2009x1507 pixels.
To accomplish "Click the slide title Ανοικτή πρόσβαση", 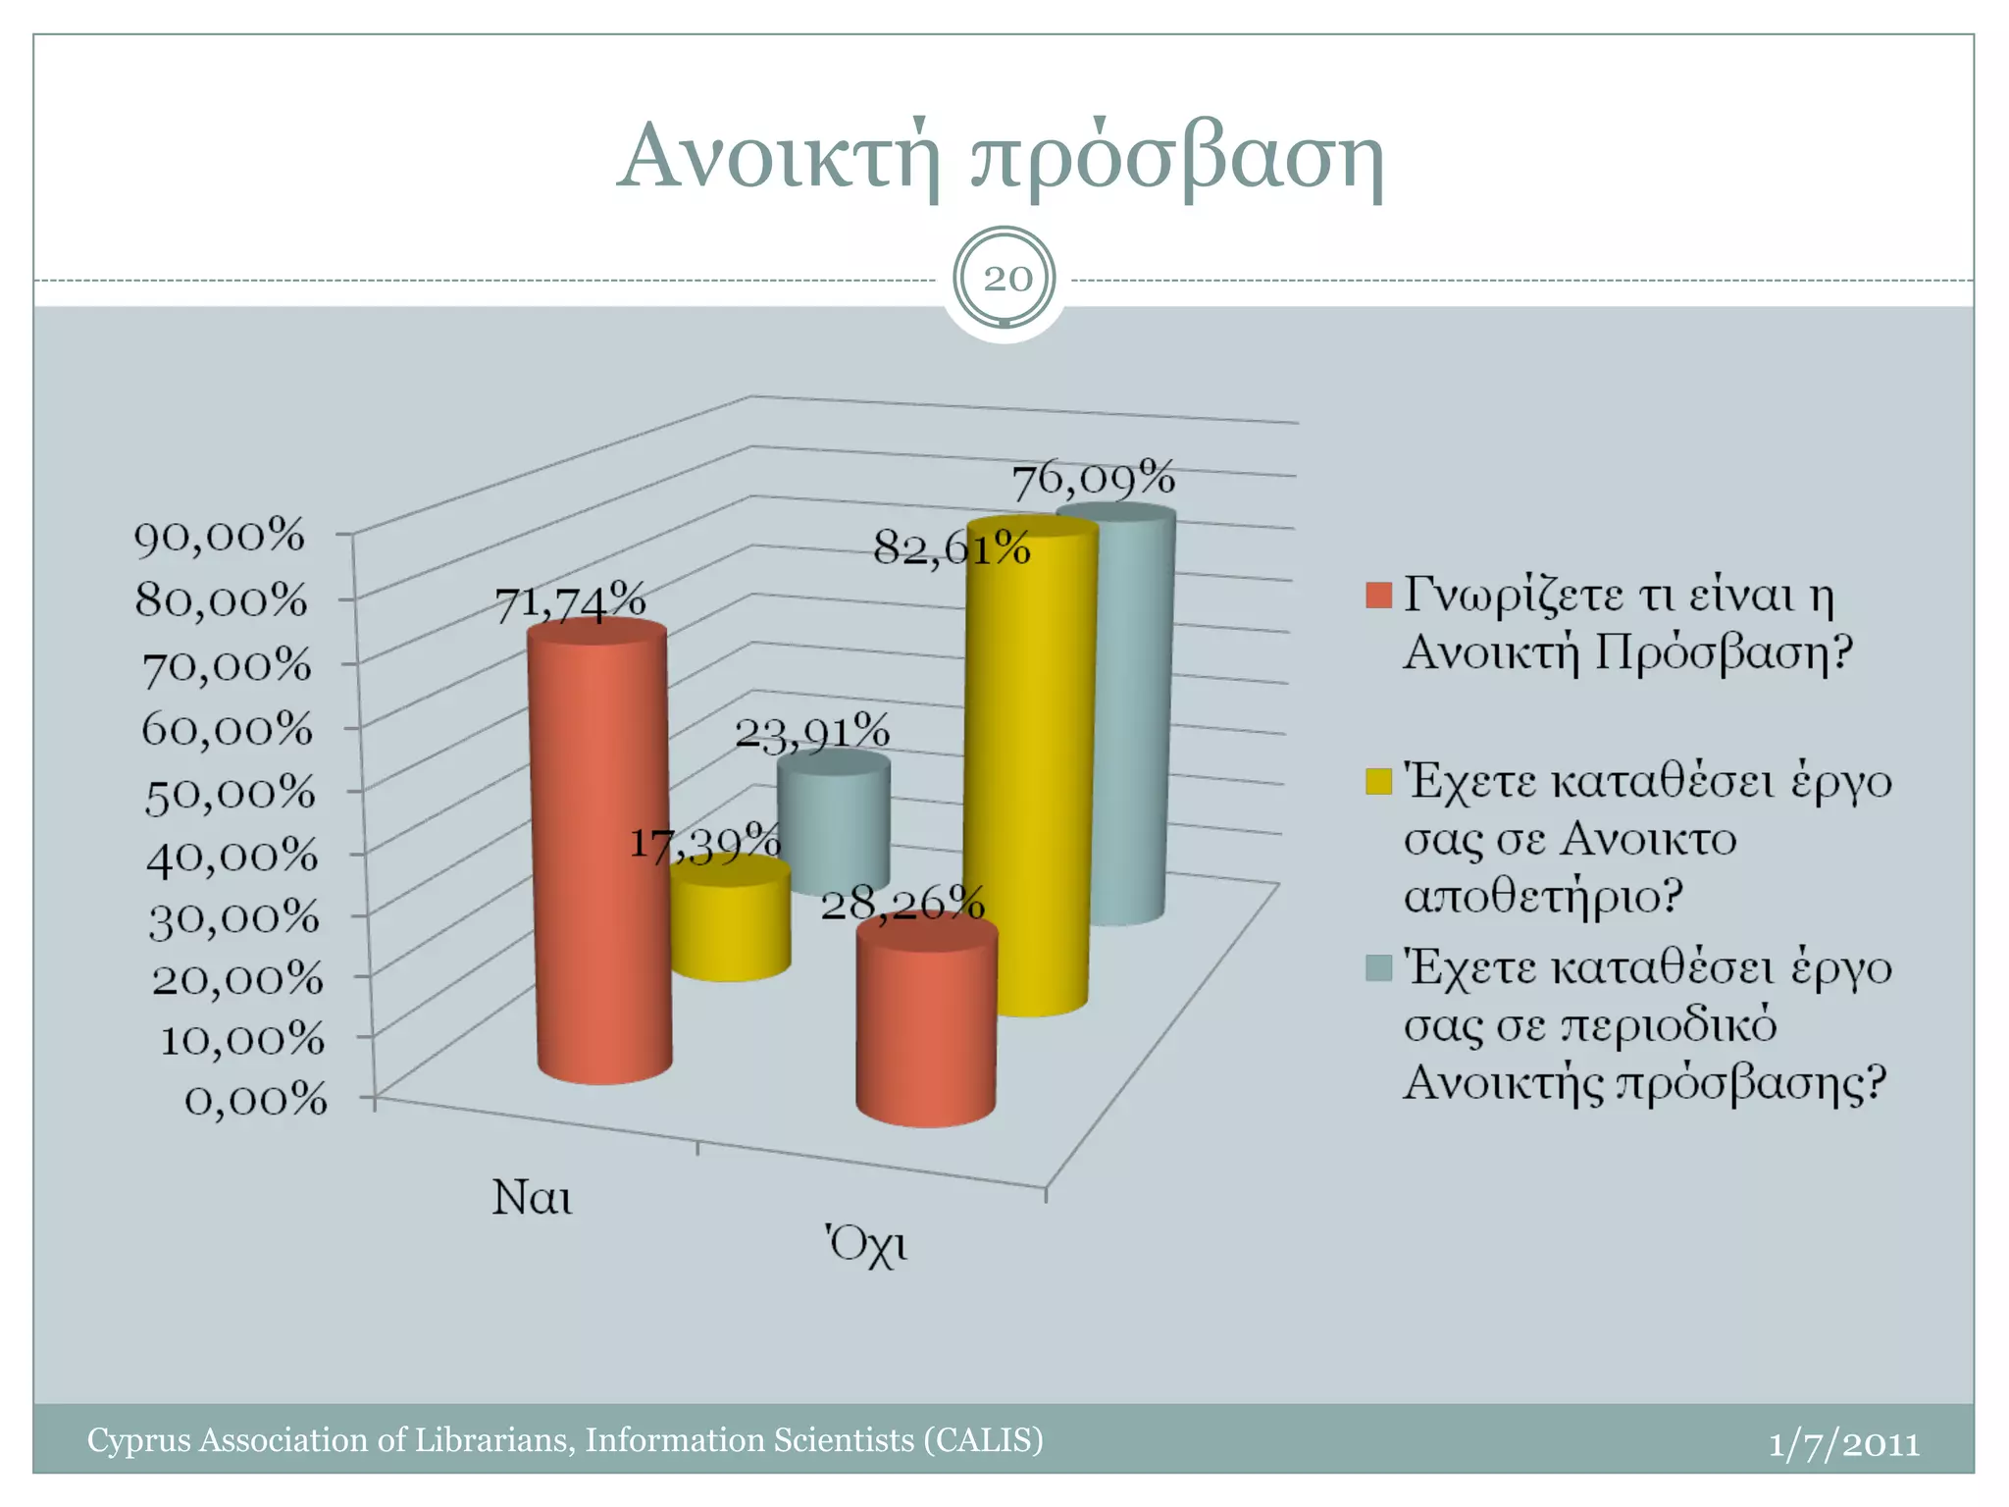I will click(x=1001, y=157).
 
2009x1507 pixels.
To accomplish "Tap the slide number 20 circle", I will click(x=1005, y=279).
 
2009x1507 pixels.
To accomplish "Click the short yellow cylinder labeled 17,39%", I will click(x=731, y=927).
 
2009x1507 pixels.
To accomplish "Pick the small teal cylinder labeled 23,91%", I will click(x=834, y=824).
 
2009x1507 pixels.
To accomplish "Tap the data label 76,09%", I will click(x=1093, y=480).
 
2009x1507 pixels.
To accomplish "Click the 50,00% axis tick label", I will click(x=230, y=793).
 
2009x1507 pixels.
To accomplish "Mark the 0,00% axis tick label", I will click(x=255, y=1100).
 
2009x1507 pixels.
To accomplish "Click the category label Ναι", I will click(x=532, y=1198).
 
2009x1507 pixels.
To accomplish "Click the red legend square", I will click(x=1378, y=596).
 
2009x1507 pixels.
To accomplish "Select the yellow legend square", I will click(x=1378, y=782).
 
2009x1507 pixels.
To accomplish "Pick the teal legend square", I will click(x=1378, y=968).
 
